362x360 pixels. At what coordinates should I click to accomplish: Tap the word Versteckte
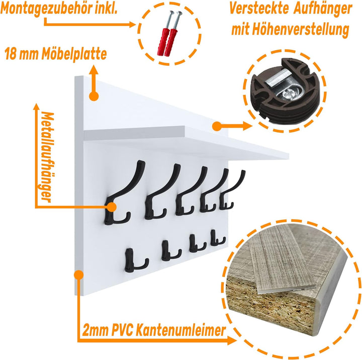pyautogui.click(x=259, y=9)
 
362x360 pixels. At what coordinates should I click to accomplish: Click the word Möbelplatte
pyautogui.click(x=74, y=54)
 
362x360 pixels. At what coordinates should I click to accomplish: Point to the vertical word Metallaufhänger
pyautogui.click(x=47, y=157)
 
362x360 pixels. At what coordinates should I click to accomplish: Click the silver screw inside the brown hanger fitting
pyautogui.click(x=287, y=94)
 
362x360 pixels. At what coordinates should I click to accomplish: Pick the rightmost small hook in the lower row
pyautogui.click(x=217, y=238)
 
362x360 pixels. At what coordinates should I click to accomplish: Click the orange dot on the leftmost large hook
pyautogui.click(x=112, y=207)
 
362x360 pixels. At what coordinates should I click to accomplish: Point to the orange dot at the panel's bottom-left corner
pyautogui.click(x=79, y=275)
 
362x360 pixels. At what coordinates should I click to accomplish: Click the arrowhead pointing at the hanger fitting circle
pyautogui.click(x=248, y=126)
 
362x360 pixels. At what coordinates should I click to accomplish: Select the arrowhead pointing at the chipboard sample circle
pyautogui.click(x=232, y=340)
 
